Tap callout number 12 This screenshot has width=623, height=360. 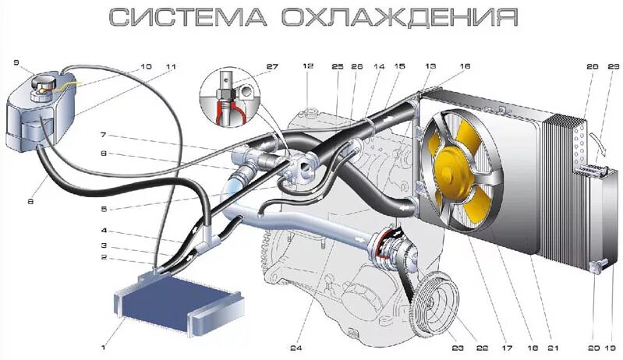[309, 67]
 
